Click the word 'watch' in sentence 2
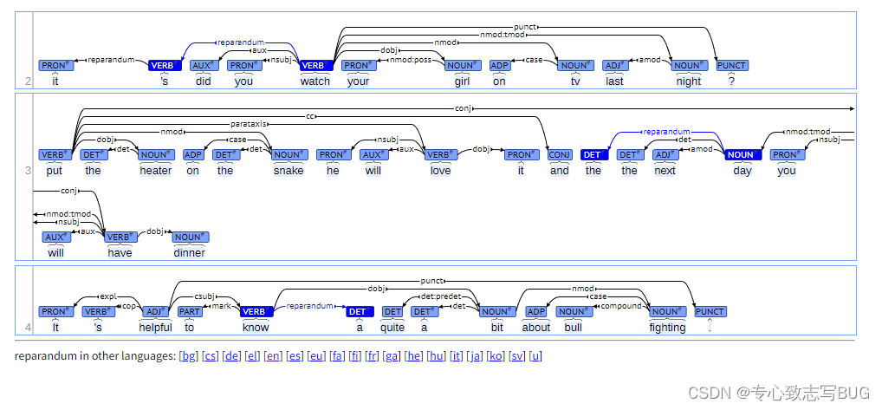[x=315, y=81]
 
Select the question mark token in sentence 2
[x=731, y=81]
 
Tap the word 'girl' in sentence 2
[x=463, y=81]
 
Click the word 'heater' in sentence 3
[x=156, y=171]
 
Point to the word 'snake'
[x=289, y=171]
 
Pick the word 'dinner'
[x=189, y=252]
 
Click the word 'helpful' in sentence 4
[x=156, y=328]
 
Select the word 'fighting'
[x=668, y=328]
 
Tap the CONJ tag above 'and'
[x=560, y=154]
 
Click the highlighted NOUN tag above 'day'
[x=743, y=154]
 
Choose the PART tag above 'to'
[x=190, y=311]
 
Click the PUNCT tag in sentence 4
[x=710, y=311]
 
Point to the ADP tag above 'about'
[x=535, y=311]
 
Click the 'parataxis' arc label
[x=249, y=124]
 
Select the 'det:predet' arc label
[x=441, y=296]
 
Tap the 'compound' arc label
[x=621, y=306]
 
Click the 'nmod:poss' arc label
[x=411, y=60]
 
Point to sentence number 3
[x=28, y=171]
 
